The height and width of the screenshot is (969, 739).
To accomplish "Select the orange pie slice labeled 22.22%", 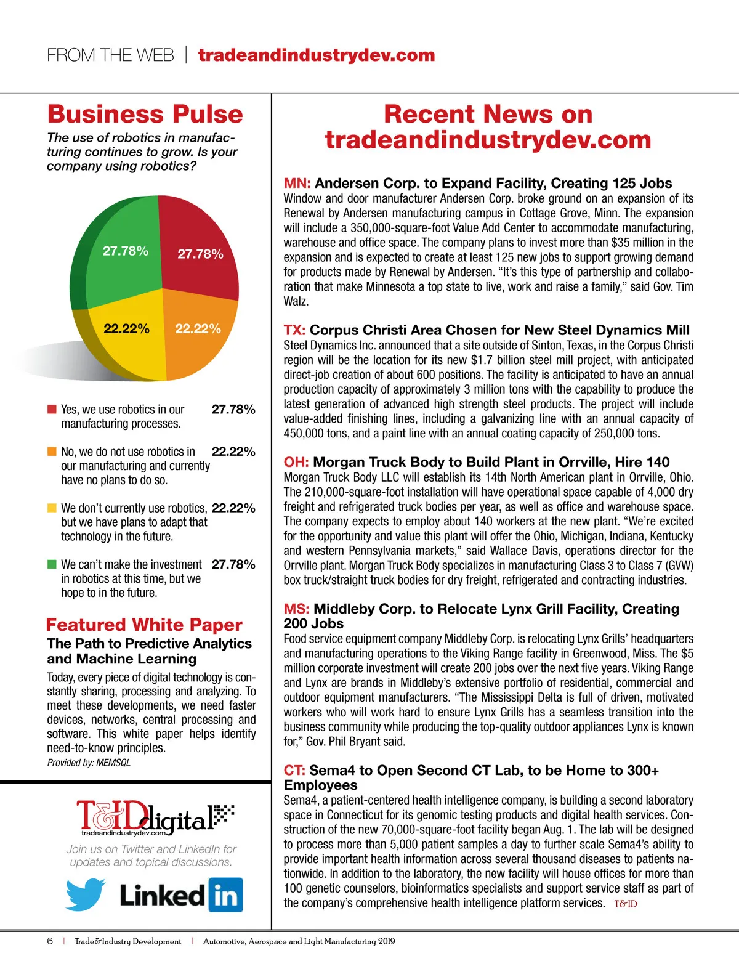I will tap(200, 336).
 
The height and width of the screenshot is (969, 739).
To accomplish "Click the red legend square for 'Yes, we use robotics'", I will tap(52, 410).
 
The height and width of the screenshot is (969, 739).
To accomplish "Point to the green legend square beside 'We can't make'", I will tap(52, 564).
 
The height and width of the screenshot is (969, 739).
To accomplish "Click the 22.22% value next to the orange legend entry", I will tap(233, 452).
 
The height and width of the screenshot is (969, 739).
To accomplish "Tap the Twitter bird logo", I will tap(86, 894).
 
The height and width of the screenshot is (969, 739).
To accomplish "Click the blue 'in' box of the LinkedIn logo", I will tap(225, 895).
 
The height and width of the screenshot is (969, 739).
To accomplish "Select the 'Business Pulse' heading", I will tap(145, 115).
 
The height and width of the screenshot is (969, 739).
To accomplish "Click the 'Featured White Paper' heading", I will tap(144, 625).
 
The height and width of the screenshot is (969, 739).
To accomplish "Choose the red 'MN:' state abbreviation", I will tap(297, 184).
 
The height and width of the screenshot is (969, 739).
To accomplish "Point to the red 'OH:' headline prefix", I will tap(296, 463).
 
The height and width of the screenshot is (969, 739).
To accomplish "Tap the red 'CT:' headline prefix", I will tap(294, 771).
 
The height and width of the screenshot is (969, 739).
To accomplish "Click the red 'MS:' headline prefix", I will tap(296, 609).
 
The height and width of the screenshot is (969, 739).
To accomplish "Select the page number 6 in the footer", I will tap(50, 941).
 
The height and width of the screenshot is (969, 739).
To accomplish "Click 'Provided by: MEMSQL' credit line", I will tap(89, 763).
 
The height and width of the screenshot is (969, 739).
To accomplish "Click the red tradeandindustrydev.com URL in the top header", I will tap(317, 55).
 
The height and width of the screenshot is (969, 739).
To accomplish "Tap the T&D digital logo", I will tap(154, 818).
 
